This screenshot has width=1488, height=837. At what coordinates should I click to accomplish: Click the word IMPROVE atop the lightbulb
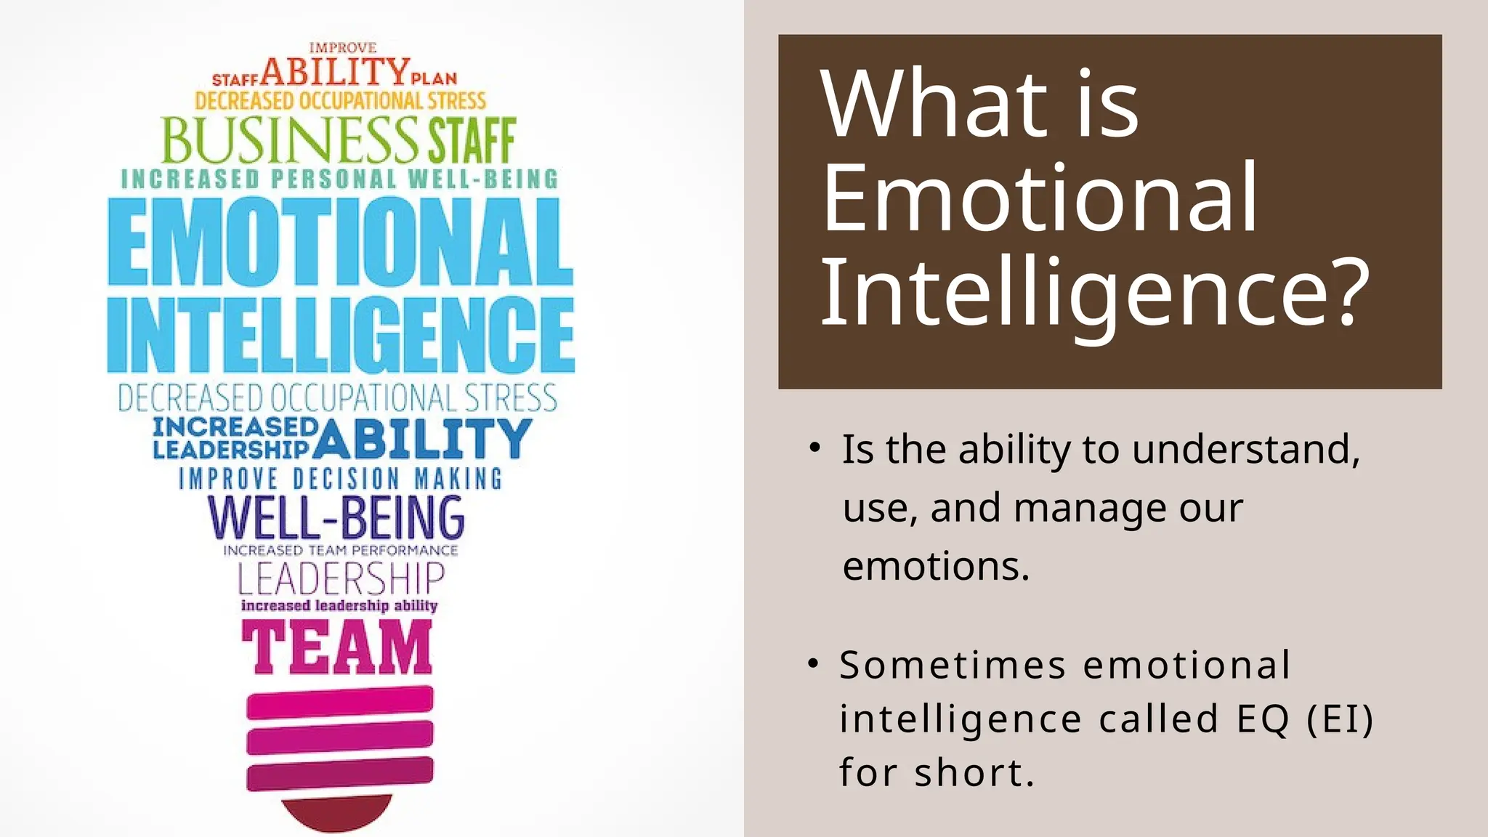[342, 48]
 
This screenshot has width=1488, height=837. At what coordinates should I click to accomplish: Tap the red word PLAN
[434, 78]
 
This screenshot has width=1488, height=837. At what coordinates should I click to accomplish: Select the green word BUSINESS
[289, 139]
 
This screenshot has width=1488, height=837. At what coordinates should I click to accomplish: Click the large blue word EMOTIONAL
[340, 241]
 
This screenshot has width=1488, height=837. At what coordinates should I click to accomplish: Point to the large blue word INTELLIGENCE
[340, 336]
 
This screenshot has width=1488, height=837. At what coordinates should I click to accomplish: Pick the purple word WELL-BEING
[336, 517]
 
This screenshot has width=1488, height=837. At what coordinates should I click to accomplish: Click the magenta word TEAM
[337, 648]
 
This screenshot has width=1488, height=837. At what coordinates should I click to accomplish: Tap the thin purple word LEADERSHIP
[341, 580]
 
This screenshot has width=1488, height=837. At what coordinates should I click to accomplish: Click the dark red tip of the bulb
[336, 812]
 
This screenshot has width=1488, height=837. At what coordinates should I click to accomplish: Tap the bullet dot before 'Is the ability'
[815, 447]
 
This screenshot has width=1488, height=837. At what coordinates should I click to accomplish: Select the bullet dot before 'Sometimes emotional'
[814, 663]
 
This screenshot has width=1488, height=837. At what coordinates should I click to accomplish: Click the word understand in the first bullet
[1245, 450]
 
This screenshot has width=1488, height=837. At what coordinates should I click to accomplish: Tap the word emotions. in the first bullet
[936, 567]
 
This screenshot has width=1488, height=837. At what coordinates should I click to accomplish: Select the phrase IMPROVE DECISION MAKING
[340, 479]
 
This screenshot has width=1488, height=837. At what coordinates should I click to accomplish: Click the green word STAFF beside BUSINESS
[472, 141]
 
